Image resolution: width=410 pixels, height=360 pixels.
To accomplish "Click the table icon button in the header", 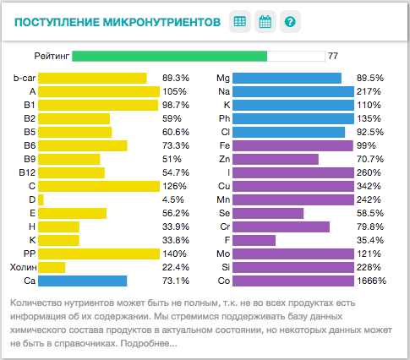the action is point(240,22).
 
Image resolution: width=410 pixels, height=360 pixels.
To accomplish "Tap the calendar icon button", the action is point(265,22).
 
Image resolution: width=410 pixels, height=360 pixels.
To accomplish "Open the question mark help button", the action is point(290,22).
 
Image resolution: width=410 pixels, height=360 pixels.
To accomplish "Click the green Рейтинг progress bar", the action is point(170,56).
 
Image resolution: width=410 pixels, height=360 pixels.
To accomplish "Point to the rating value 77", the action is point(333,56).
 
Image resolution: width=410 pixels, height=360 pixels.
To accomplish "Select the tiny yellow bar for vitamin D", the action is point(41,199).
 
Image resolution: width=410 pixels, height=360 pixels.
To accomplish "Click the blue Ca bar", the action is point(83,281).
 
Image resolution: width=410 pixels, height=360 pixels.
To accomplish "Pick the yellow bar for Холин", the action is point(52,267).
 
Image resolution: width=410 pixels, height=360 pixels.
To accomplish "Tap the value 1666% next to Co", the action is point(371,281).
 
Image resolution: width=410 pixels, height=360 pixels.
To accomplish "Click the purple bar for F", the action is point(254,240).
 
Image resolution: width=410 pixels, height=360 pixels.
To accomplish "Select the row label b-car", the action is point(25,78).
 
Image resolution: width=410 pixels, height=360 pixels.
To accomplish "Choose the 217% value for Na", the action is point(369,91).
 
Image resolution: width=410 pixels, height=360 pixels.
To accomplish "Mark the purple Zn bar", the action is point(276,159).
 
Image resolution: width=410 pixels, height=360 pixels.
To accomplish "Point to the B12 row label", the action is point(27,172).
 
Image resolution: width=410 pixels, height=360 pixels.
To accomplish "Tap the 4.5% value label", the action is point(173,199).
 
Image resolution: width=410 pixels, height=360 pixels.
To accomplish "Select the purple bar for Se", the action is point(268,213).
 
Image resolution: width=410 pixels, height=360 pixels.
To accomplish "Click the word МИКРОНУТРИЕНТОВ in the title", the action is point(161,22).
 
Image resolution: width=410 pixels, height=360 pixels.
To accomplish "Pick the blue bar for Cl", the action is point(289,132).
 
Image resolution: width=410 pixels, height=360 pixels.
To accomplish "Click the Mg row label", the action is point(223,78).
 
